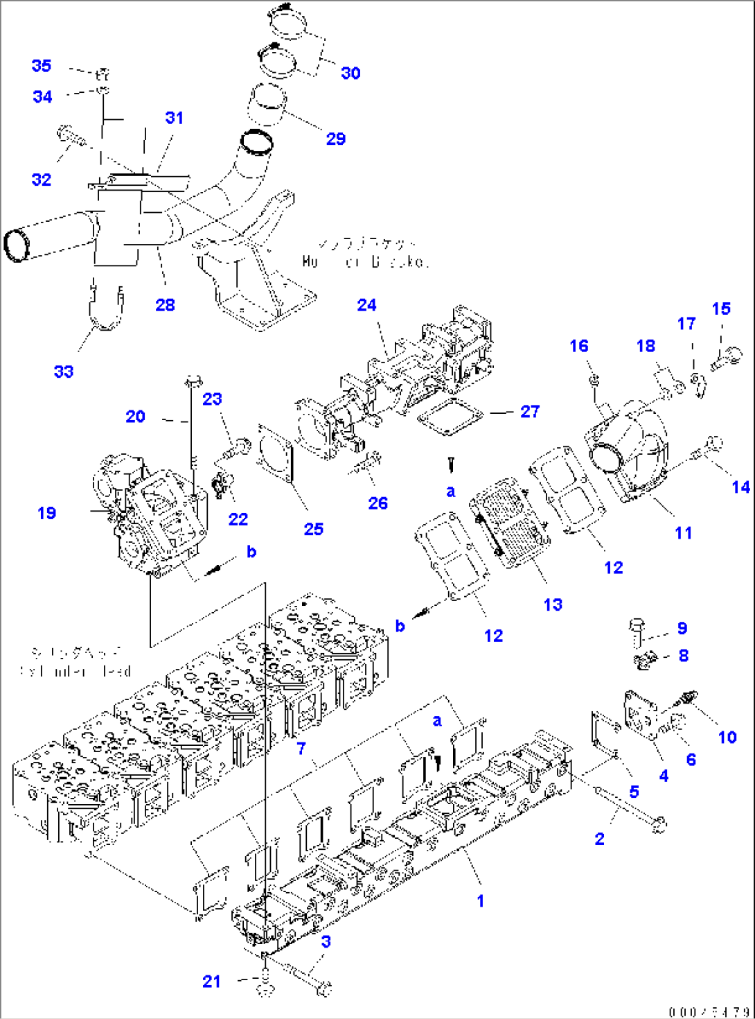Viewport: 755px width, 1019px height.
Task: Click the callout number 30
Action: pyautogui.click(x=350, y=73)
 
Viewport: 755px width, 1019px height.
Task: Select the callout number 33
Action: pyautogui.click(x=64, y=372)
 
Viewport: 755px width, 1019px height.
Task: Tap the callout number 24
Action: pyautogui.click(x=366, y=305)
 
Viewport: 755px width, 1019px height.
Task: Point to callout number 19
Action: pyautogui.click(x=46, y=513)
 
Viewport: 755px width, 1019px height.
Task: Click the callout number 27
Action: pyautogui.click(x=530, y=412)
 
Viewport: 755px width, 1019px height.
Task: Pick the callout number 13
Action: pyautogui.click(x=553, y=604)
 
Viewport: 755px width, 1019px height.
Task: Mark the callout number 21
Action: pyautogui.click(x=211, y=982)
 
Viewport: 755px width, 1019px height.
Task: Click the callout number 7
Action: pyautogui.click(x=301, y=748)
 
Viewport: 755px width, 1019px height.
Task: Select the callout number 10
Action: pyautogui.click(x=727, y=737)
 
